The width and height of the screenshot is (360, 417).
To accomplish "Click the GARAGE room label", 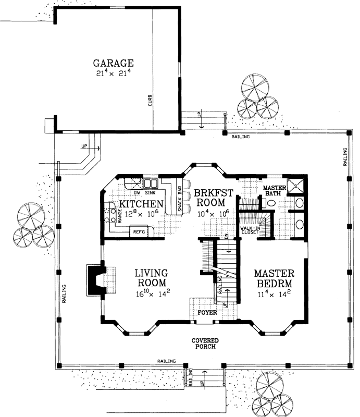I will coord(114,64).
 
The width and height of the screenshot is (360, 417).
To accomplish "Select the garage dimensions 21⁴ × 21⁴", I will coord(113,73).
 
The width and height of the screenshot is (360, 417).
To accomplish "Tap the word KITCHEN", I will coord(142,203).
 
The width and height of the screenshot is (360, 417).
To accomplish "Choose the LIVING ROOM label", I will coord(150,277).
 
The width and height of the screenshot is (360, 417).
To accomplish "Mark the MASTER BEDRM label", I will coord(274,279).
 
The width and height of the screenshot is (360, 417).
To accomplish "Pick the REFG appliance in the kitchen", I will coord(138,230).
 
